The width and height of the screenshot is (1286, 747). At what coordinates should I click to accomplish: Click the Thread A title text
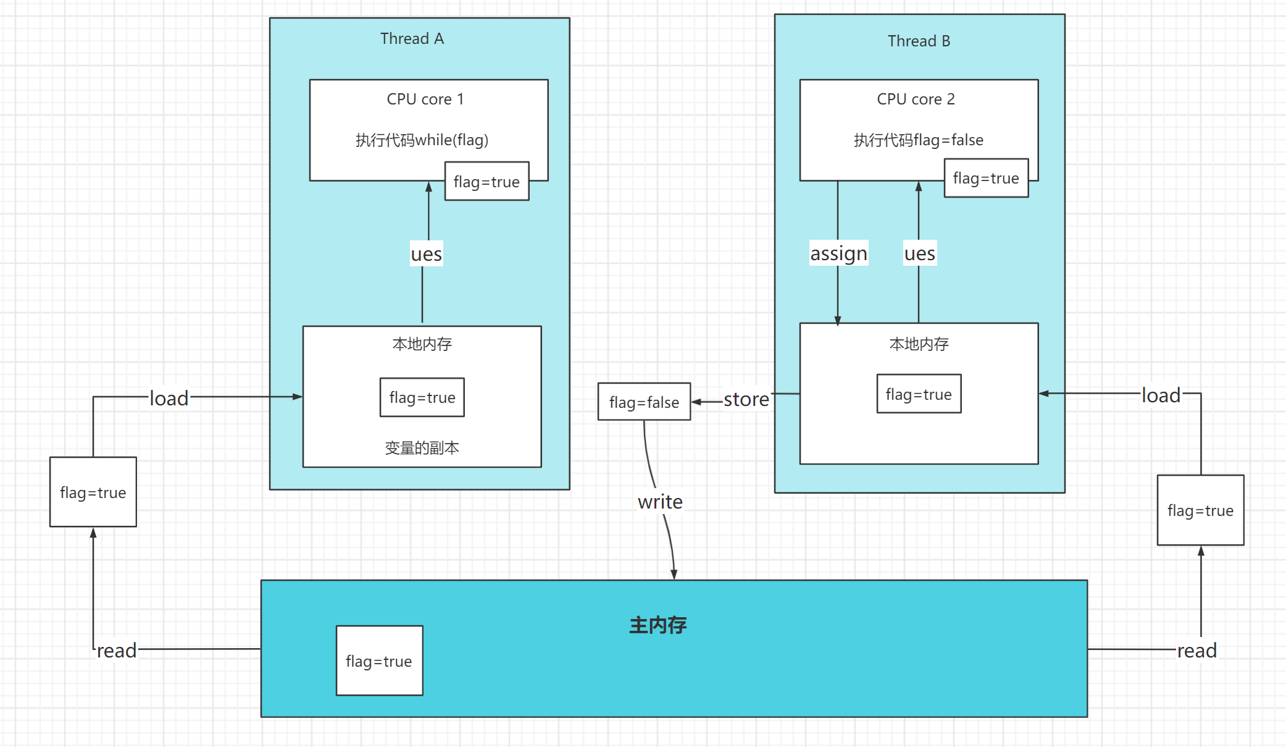412,39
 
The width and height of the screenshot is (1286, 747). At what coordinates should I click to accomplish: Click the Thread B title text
919,41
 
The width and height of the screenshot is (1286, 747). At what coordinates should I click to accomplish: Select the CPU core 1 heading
425,99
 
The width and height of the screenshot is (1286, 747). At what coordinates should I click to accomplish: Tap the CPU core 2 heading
916,99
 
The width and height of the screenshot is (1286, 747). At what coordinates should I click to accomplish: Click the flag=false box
644,402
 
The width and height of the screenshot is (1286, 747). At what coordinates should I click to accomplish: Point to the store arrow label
746,400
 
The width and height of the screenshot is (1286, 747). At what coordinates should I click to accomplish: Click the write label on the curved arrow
660,502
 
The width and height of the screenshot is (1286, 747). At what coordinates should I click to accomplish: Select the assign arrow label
838,253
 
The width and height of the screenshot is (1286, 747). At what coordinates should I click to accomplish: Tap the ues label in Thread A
426,254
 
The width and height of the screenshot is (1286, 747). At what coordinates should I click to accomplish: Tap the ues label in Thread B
919,253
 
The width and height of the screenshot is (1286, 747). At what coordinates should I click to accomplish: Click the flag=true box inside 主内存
379,661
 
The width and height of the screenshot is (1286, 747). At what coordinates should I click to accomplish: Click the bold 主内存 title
658,625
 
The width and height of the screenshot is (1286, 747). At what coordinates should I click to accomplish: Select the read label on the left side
117,651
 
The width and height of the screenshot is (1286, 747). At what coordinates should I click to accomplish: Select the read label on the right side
1196,651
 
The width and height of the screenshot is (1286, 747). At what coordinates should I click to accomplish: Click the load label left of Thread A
169,399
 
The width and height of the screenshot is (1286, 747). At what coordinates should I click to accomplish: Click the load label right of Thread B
1161,395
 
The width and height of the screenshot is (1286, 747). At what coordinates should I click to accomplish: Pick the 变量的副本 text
422,448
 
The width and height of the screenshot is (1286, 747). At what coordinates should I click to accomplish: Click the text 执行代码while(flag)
422,140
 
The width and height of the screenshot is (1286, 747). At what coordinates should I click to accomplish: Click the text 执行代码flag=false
918,140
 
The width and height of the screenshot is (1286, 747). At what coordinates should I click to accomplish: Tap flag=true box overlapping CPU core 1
486,182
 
